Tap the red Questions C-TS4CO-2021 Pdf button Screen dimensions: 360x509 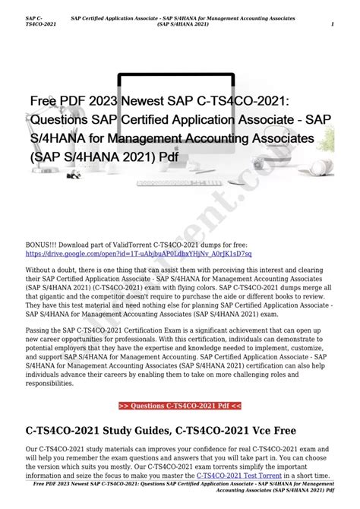(x=180, y=406)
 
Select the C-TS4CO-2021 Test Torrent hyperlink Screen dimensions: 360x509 (x=238, y=476)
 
